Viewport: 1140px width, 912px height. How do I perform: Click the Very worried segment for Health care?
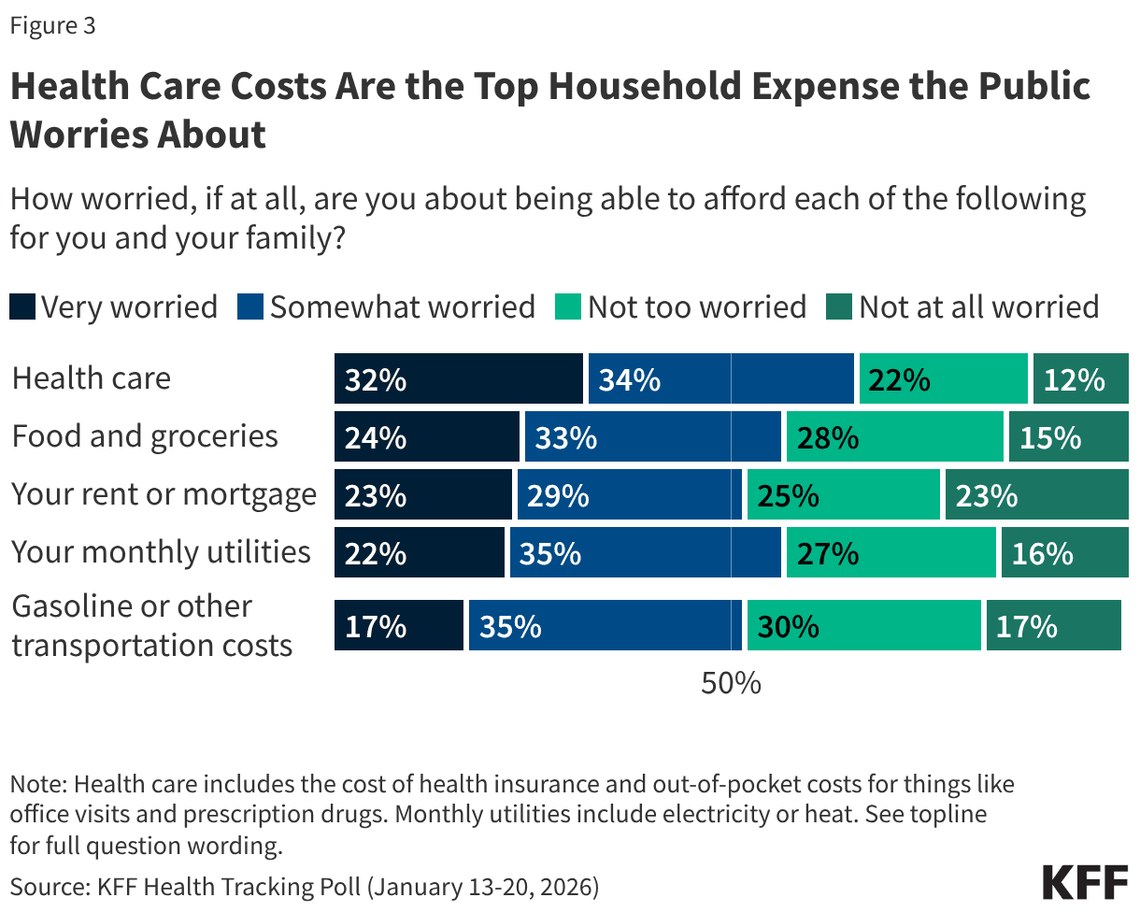pos(458,378)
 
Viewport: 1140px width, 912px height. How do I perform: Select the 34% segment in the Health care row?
pos(720,378)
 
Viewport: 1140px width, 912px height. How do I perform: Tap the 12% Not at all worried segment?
pos(1080,378)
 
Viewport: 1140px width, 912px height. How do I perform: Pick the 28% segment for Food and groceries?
pos(894,436)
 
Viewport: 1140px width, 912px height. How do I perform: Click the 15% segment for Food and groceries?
pos(1068,436)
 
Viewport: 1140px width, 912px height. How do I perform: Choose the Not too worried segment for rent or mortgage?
pos(843,494)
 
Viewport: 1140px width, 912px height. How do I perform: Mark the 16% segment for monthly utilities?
pos(1064,552)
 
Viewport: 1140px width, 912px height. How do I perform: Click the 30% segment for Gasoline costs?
pos(863,625)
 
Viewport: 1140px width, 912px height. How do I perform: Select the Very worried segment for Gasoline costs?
pos(399,625)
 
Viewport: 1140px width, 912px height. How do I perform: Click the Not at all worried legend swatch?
pos(839,307)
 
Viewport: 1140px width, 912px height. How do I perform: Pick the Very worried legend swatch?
pos(22,307)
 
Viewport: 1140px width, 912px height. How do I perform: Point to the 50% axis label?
pos(731,683)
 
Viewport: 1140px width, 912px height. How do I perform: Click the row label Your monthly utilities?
pos(161,552)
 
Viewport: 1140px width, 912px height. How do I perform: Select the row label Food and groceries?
pos(145,436)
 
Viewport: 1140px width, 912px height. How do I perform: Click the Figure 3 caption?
pos(52,26)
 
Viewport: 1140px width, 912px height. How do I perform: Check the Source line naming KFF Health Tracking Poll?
pos(305,886)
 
